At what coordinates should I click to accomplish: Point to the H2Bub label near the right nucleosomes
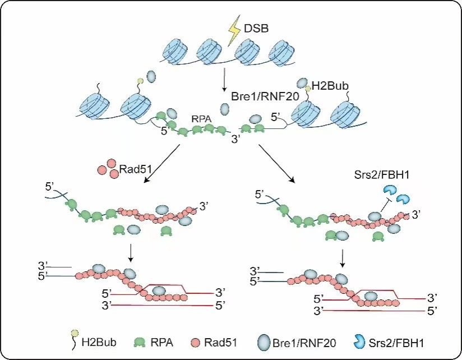331,86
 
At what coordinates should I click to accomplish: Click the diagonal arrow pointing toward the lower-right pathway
276,163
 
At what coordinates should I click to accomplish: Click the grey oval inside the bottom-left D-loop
159,290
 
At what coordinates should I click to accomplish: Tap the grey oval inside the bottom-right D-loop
370,294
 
